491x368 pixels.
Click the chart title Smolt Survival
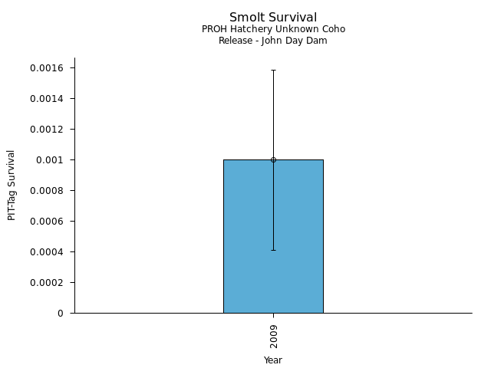(273, 18)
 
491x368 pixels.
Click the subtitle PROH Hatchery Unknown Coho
(273, 29)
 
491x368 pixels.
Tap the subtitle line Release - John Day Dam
(273, 41)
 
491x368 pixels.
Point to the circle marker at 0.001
(273, 159)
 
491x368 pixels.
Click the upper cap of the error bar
(273, 70)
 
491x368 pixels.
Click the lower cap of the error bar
(273, 250)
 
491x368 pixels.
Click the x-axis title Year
(273, 360)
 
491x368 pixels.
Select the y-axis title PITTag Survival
(12, 185)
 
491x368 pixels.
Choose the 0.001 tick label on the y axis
(51, 160)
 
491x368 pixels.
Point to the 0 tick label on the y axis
(61, 314)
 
